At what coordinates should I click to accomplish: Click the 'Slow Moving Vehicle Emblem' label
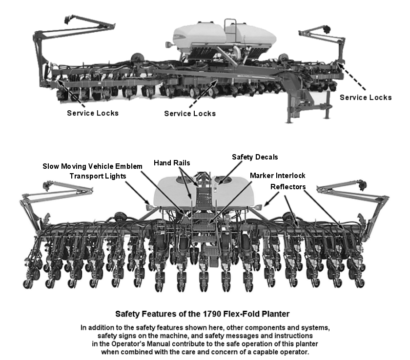point(92,166)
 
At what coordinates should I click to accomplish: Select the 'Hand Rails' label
point(171,162)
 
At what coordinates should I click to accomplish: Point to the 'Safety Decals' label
point(254,157)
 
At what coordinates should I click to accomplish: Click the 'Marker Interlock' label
point(277,175)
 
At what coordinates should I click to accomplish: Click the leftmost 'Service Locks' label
point(92,113)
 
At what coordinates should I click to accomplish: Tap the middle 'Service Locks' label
point(189,114)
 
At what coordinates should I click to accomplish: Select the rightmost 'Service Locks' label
point(366,98)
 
